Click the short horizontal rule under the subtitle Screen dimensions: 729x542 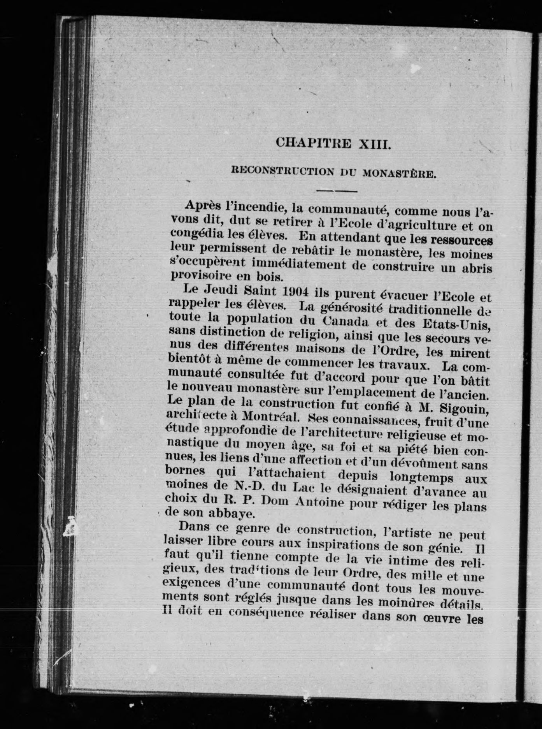click(x=337, y=191)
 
